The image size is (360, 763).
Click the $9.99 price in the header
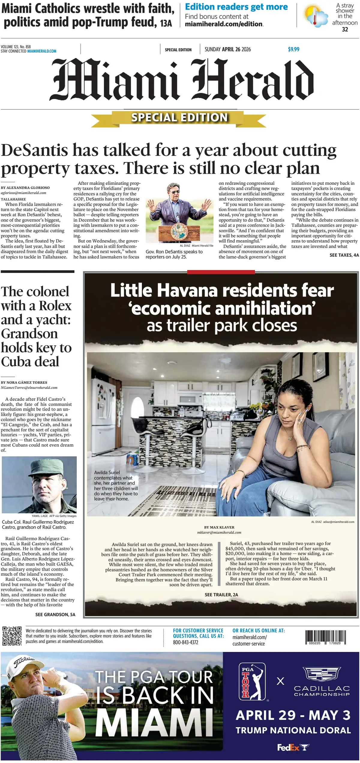293,49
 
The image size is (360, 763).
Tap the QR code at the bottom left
12,636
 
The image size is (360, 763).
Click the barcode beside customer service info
325,637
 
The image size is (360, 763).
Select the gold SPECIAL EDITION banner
179,118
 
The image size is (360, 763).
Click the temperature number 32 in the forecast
345,29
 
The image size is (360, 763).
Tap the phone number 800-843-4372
185,642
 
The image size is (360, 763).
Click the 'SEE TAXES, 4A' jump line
344,255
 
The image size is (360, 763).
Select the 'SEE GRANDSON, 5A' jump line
55,614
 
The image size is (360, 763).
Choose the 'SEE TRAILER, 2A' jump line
221,595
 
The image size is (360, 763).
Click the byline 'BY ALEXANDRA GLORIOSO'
25,188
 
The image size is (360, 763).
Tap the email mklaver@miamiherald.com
219,532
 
